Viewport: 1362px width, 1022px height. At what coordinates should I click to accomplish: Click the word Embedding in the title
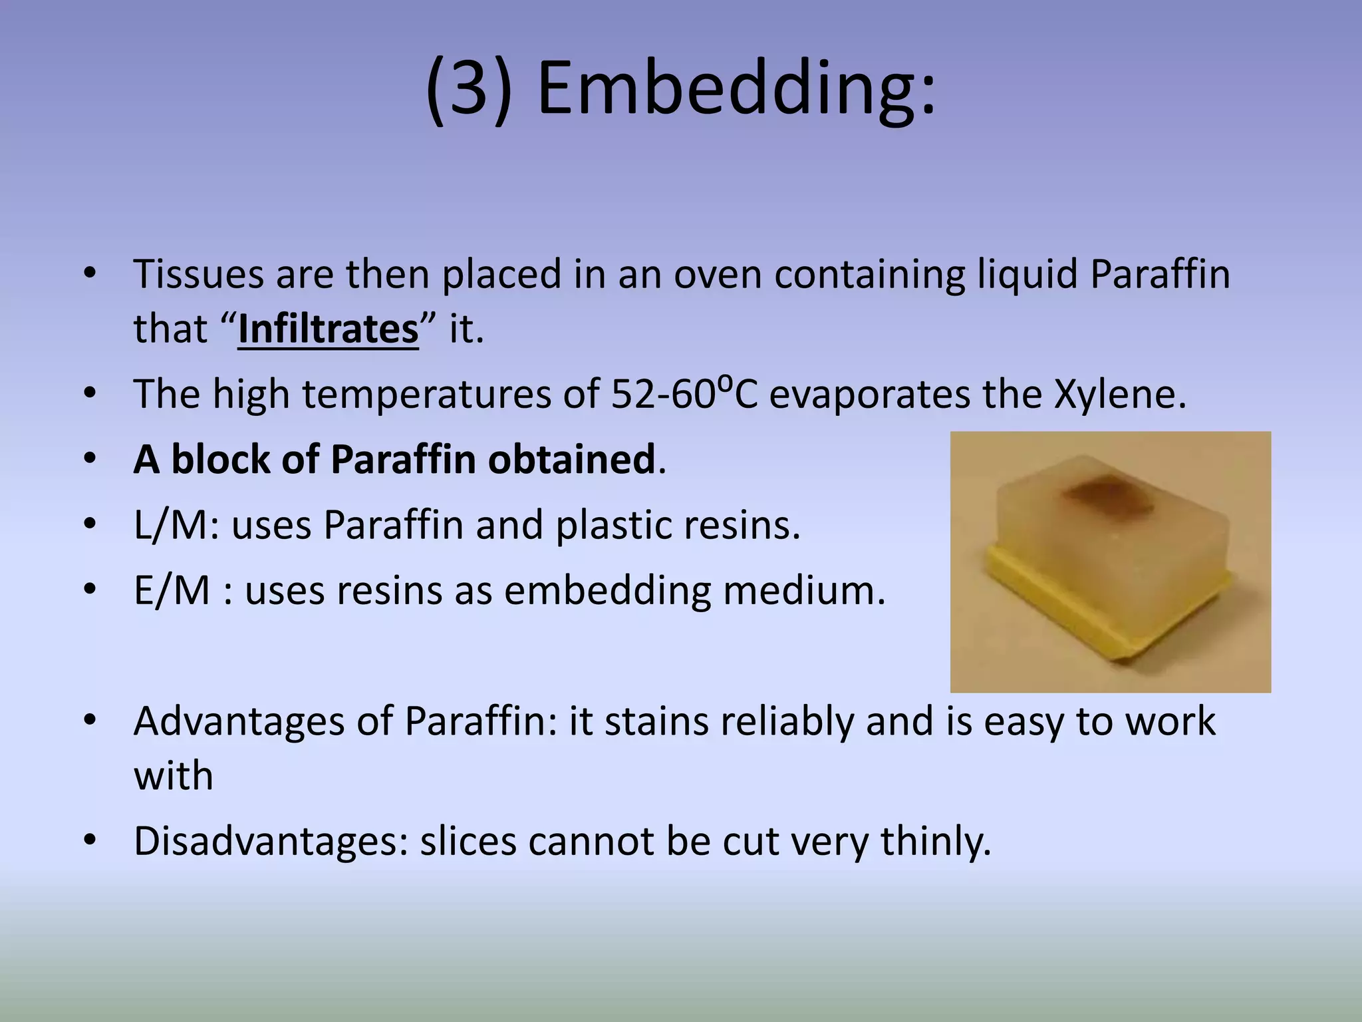[x=736, y=88]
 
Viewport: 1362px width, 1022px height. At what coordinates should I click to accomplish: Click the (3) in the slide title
[x=470, y=88]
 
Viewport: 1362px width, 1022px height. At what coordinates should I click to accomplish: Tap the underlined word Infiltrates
[x=328, y=329]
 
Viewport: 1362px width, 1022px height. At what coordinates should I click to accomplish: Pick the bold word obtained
[x=571, y=459]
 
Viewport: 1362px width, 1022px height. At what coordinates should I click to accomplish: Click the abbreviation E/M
[x=172, y=590]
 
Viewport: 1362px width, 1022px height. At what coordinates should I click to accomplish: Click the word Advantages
[x=239, y=721]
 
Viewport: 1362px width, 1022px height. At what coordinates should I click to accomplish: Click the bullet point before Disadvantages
[x=90, y=841]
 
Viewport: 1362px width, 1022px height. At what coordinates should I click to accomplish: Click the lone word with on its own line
[x=173, y=776]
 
